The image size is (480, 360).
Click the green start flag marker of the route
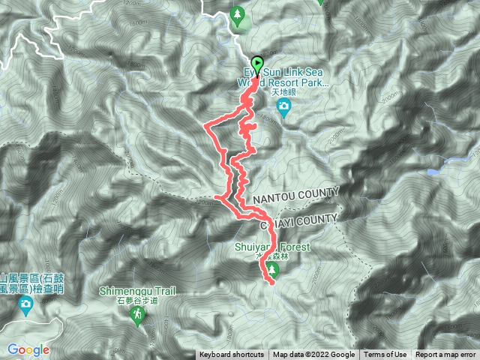pos(258,64)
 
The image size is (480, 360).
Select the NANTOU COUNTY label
pos(296,196)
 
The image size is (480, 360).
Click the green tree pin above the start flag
pos(238,15)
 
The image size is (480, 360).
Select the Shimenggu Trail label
pos(136,292)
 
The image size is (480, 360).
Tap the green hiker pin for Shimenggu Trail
pos(137,317)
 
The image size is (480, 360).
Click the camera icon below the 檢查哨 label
pos(25,304)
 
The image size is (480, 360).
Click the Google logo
pos(28,349)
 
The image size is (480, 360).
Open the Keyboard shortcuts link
pos(232,355)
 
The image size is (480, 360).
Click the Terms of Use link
pos(385,355)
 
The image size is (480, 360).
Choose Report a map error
pos(446,355)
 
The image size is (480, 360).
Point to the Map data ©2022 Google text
pos(313,355)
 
